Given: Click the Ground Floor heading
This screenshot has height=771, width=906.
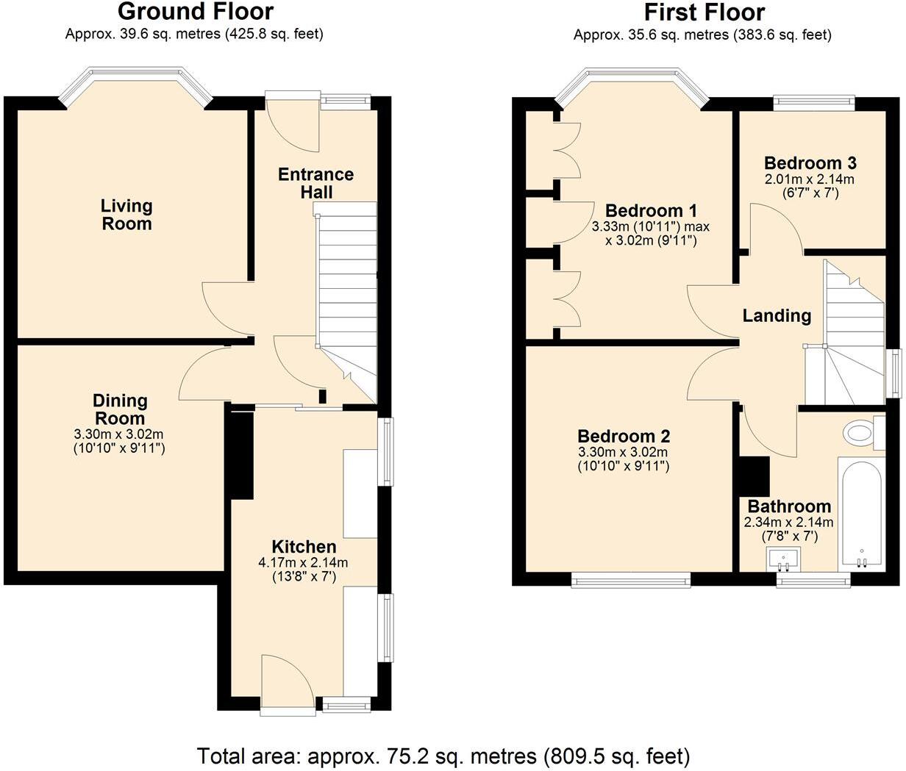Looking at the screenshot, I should [x=195, y=12].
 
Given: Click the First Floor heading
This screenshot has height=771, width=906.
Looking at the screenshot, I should [x=704, y=12].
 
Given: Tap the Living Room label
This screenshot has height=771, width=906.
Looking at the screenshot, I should [x=126, y=215].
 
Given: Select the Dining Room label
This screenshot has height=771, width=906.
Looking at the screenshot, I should [x=120, y=409].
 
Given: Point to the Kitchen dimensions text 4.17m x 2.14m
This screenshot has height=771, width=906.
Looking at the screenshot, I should [x=303, y=563].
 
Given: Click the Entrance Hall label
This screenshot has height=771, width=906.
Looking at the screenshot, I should [x=315, y=183].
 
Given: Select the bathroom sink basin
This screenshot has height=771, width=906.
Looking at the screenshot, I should [x=784, y=559].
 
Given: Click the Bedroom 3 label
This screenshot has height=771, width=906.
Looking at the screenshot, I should [x=810, y=163].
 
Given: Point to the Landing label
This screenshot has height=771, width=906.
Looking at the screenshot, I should [x=777, y=316].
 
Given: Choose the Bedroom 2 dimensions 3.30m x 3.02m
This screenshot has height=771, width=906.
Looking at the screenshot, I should [x=623, y=453].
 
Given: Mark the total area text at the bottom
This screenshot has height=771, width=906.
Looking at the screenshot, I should [x=443, y=755].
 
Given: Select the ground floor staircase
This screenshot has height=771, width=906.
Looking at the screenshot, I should [x=346, y=294].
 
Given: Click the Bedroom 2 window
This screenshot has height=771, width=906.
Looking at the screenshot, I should [x=631, y=581].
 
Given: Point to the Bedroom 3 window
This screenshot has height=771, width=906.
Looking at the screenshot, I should [x=813, y=103].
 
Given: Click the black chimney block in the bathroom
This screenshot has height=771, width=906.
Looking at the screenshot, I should [x=754, y=476].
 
